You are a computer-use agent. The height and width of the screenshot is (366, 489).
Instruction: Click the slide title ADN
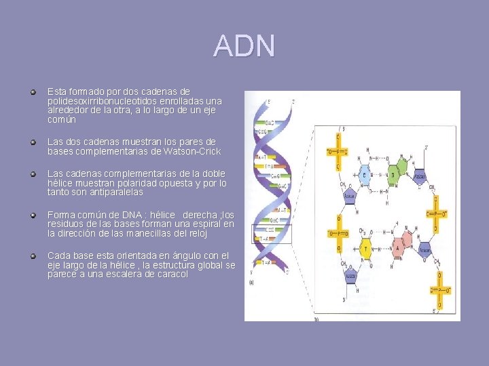click(244, 46)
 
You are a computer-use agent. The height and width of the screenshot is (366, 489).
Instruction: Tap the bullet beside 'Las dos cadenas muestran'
click(32, 142)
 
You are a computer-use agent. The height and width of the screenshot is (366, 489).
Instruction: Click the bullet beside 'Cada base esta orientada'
click(32, 256)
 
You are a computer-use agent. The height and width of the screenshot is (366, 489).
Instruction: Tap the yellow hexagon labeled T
click(367, 248)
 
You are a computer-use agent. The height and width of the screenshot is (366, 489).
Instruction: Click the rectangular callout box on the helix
click(271, 232)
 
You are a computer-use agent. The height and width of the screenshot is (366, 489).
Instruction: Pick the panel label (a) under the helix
click(253, 283)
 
